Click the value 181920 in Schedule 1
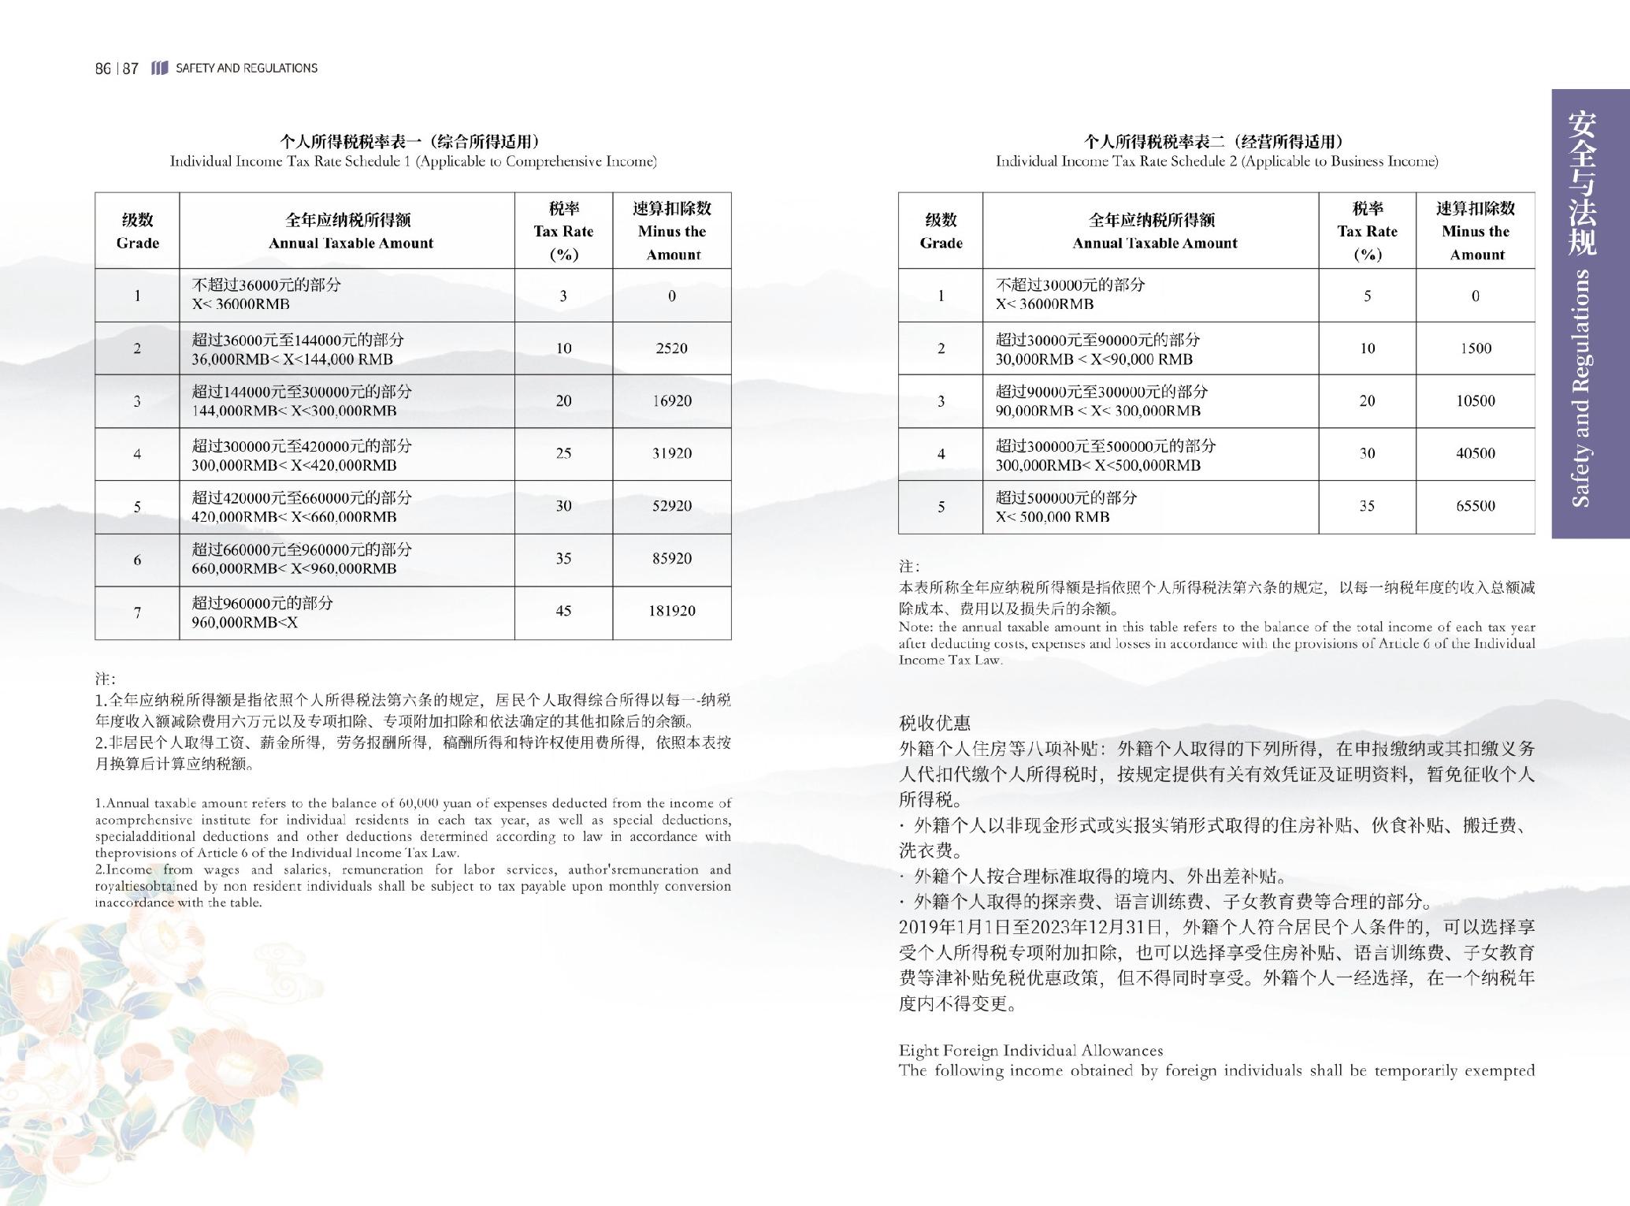click(671, 611)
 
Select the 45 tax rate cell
click(563, 611)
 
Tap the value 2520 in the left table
click(671, 348)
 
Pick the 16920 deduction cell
click(671, 401)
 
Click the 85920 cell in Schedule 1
click(671, 559)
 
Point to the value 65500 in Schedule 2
click(1475, 506)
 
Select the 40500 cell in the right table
click(1475, 453)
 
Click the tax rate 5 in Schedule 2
click(1367, 296)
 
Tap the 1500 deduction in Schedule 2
click(1475, 348)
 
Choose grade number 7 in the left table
click(137, 612)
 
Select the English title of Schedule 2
click(1216, 162)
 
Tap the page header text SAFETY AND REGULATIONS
click(247, 69)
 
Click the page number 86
click(102, 69)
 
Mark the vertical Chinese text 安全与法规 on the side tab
click(1581, 183)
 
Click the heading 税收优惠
click(934, 723)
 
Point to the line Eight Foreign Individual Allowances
click(1030, 1051)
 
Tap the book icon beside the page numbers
click(159, 69)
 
